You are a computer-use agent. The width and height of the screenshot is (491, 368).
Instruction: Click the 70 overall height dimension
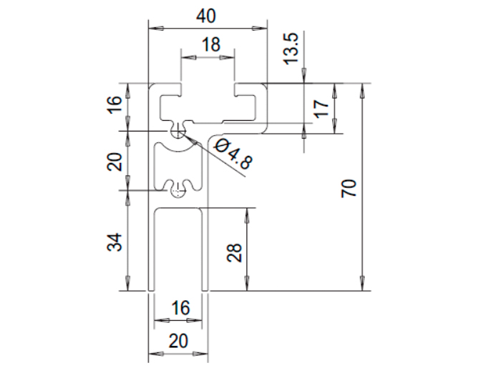(349, 188)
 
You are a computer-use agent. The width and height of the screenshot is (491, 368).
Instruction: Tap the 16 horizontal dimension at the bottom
(180, 308)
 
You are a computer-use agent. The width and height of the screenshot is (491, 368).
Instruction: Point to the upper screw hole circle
(178, 131)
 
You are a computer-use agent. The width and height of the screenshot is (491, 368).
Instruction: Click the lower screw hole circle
(178, 190)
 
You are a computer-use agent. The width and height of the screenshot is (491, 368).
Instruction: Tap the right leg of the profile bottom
(205, 250)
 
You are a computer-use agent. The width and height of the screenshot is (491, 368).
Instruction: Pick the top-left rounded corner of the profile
(151, 86)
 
